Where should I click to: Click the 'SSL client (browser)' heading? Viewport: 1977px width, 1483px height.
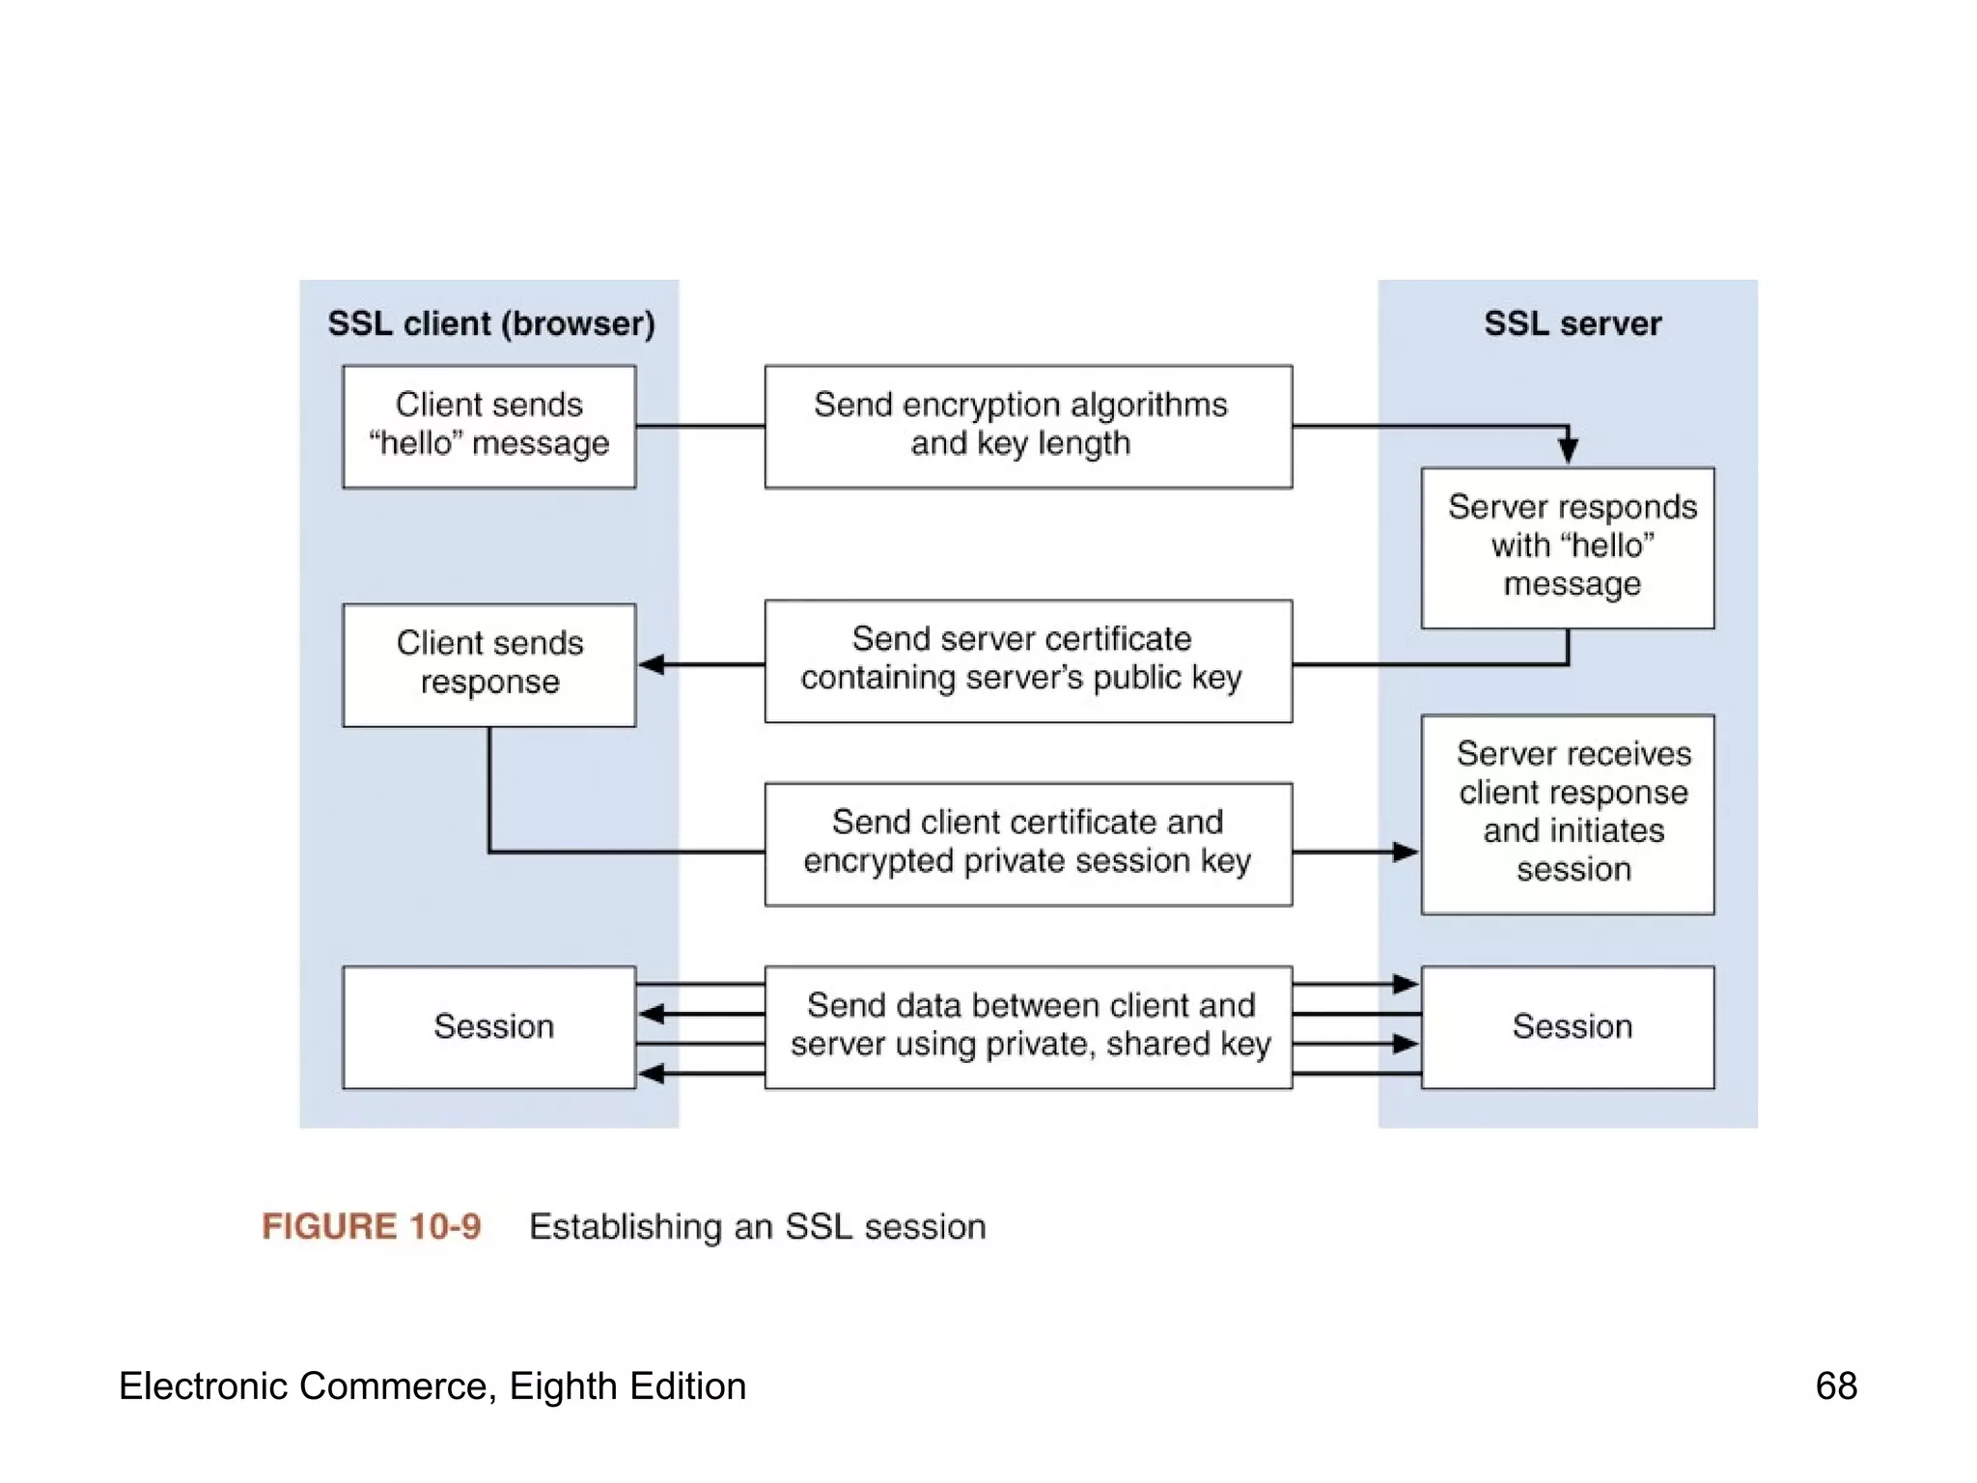tap(490, 323)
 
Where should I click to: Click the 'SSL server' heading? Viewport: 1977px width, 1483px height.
tap(1573, 323)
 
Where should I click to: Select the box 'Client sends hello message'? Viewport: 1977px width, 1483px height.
tap(489, 426)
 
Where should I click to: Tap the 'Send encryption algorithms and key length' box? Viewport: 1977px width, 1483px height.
tap(1028, 426)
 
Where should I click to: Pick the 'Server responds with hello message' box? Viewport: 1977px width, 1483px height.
tap(1568, 547)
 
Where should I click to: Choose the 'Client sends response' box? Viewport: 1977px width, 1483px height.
tap(489, 664)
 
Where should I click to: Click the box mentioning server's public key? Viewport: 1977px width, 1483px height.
tap(1028, 660)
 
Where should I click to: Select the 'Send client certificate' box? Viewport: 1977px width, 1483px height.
tap(1028, 844)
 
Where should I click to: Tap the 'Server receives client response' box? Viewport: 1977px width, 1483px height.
tap(1568, 814)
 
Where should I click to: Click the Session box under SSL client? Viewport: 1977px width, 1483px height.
tap(489, 1027)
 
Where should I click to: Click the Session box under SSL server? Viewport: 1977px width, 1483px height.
tap(1568, 1027)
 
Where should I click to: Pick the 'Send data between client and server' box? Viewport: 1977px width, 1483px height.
tap(1028, 1027)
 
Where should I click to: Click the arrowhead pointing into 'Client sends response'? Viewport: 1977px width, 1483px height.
tap(653, 664)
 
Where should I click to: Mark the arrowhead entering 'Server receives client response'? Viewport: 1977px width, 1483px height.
tap(1406, 852)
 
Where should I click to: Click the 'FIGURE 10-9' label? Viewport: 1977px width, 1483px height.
tap(372, 1226)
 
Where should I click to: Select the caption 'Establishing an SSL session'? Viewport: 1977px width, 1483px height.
tap(758, 1226)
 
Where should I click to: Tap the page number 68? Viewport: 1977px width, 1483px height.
tap(1836, 1385)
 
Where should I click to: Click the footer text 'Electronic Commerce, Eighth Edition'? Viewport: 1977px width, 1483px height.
tap(432, 1385)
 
